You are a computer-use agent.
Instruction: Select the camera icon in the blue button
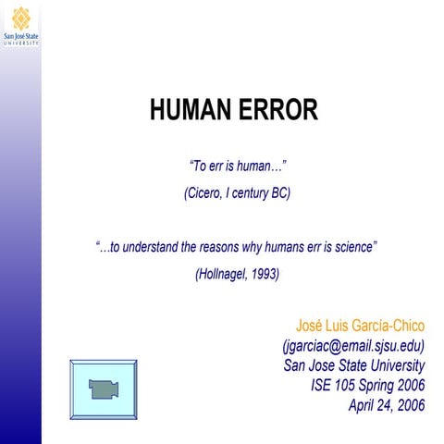103,389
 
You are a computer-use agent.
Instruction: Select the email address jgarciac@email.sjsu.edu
354,346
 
